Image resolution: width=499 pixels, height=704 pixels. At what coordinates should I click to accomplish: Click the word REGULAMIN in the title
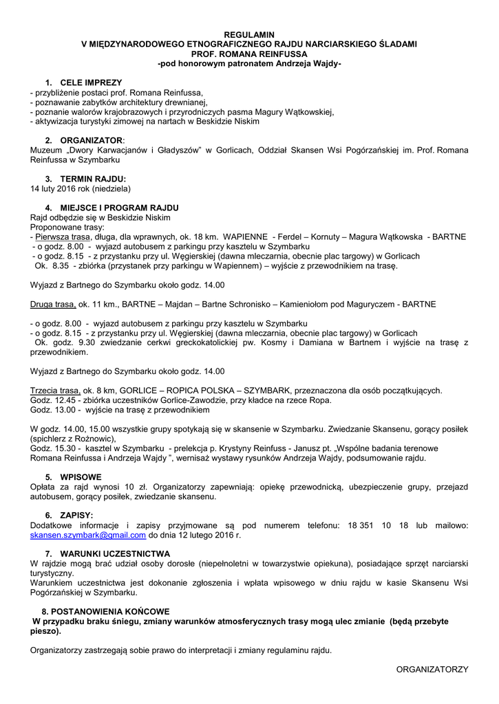click(x=249, y=34)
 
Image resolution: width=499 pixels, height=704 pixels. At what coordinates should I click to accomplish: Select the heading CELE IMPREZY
click(x=91, y=82)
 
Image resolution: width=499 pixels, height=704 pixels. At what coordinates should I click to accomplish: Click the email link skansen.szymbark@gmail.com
click(x=88, y=534)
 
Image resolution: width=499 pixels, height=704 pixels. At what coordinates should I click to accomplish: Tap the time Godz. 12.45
click(x=53, y=400)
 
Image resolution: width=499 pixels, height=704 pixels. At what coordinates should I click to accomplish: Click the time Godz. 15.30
click(x=53, y=448)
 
